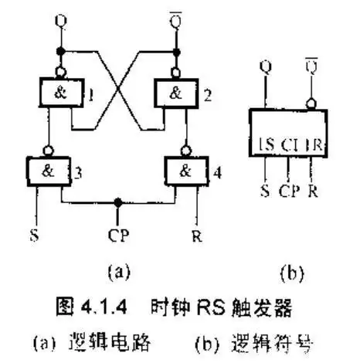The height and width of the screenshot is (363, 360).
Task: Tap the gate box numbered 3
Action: tap(49, 168)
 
